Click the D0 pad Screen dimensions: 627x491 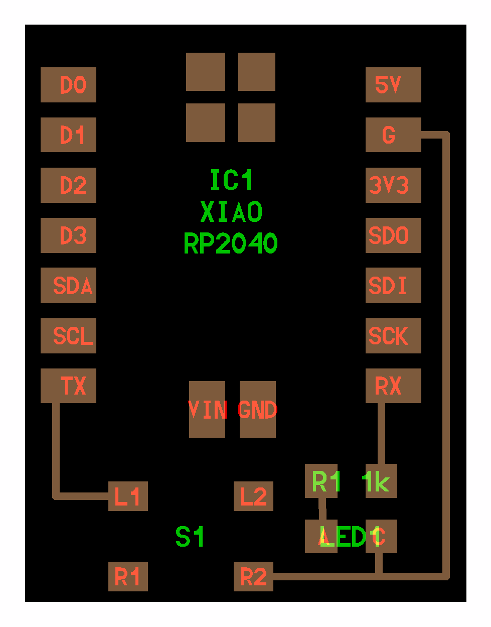click(x=68, y=85)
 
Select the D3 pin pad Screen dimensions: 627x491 click(x=68, y=235)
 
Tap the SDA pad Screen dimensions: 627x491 click(x=68, y=286)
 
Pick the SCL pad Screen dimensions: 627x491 click(x=68, y=336)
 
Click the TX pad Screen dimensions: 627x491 click(x=68, y=386)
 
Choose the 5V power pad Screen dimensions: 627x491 click(x=393, y=85)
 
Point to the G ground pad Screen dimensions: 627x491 click(x=393, y=135)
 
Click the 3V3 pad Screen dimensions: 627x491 click(x=393, y=185)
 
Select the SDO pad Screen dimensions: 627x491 click(x=393, y=235)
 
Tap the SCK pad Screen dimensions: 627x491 click(x=393, y=336)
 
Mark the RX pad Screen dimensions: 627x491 click(x=393, y=386)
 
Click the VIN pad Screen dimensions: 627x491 click(x=207, y=409)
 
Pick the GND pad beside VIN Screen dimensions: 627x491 click(x=258, y=409)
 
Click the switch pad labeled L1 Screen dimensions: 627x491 click(x=128, y=496)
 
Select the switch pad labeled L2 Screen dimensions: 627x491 click(x=253, y=496)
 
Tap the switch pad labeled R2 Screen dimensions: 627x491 click(x=253, y=576)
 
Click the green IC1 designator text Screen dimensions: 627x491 click(x=231, y=180)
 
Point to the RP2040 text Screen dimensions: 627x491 click(x=231, y=243)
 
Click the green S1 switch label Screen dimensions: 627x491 click(x=190, y=537)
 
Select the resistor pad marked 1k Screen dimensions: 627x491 click(x=381, y=481)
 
